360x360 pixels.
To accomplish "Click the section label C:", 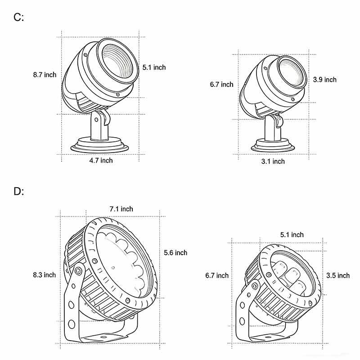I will (x=18, y=18).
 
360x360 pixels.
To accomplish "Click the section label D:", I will (x=18, y=191).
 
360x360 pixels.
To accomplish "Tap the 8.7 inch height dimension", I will (x=45, y=75).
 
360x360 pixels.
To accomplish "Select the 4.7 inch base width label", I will (x=101, y=160).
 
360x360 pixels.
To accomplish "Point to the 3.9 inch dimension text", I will (x=324, y=80).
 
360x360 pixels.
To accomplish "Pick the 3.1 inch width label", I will (x=273, y=161).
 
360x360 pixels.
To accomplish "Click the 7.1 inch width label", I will (x=121, y=209).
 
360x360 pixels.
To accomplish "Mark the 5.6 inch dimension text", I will (x=175, y=252).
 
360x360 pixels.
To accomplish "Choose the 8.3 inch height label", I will (x=44, y=274).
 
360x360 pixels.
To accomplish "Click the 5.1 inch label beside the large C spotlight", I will (x=154, y=67).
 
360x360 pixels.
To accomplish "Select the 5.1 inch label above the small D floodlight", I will (x=292, y=235).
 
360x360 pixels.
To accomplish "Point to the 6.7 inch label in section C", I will (x=221, y=85).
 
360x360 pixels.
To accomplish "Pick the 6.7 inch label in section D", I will (x=217, y=275).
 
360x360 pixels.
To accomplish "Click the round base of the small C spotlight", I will (x=273, y=146).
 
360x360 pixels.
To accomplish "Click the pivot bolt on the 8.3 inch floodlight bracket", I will (x=79, y=271).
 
